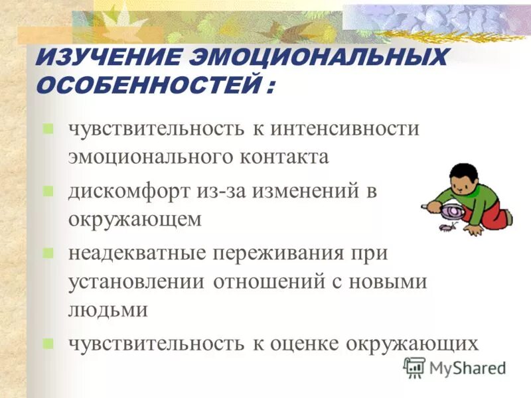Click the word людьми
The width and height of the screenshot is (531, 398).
coord(108,310)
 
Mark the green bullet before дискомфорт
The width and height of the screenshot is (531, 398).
coord(48,191)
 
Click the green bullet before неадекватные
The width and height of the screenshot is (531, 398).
coord(48,253)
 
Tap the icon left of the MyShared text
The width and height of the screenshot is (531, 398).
coord(414,367)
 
